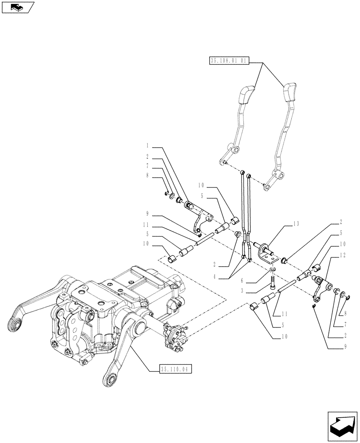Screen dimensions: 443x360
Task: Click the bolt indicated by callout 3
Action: click(272, 281)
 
